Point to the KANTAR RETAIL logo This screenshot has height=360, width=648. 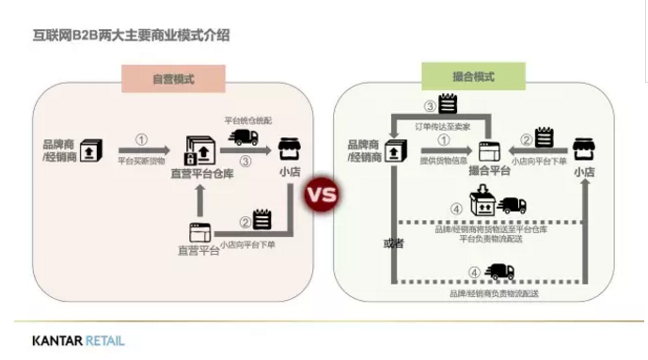[x=77, y=340]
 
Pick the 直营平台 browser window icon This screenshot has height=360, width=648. [x=199, y=230]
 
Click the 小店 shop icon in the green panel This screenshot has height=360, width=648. [x=585, y=148]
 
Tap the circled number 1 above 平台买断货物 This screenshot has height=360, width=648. [x=141, y=139]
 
